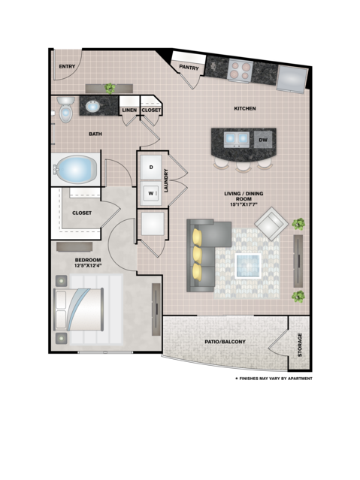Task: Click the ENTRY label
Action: tap(68, 66)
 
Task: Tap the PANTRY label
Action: tap(187, 67)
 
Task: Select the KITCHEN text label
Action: tap(244, 109)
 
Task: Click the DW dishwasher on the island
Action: tap(263, 140)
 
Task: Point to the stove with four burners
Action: tap(241, 71)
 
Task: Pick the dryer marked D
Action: tap(151, 166)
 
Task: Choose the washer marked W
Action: tap(151, 193)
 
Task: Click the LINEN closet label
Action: tap(129, 110)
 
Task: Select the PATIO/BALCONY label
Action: tap(225, 342)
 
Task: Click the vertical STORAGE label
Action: tap(299, 345)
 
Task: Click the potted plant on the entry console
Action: tap(110, 88)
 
